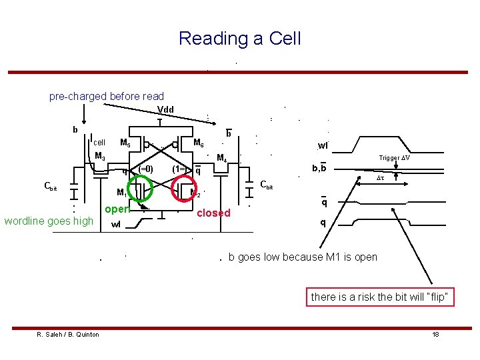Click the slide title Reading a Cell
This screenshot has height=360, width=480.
[239, 39]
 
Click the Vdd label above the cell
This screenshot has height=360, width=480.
[165, 110]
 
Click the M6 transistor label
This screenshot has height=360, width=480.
[198, 143]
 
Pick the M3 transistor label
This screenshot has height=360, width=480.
[100, 157]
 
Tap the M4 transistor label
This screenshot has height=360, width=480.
[223, 159]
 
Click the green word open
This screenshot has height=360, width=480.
[116, 209]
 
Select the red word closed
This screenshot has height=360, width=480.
[213, 213]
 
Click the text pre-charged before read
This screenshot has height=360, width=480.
[107, 97]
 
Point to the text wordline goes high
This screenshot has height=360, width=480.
[49, 221]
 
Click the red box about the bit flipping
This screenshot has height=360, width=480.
[381, 297]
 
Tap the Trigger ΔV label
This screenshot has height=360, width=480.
[394, 158]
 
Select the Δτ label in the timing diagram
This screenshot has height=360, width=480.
[381, 179]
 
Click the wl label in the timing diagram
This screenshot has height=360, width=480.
[323, 145]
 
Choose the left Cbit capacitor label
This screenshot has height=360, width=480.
[50, 187]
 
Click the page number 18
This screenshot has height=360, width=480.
[435, 334]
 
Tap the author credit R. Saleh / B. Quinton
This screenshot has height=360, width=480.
[68, 334]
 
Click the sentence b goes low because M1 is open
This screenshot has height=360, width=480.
[303, 257]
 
